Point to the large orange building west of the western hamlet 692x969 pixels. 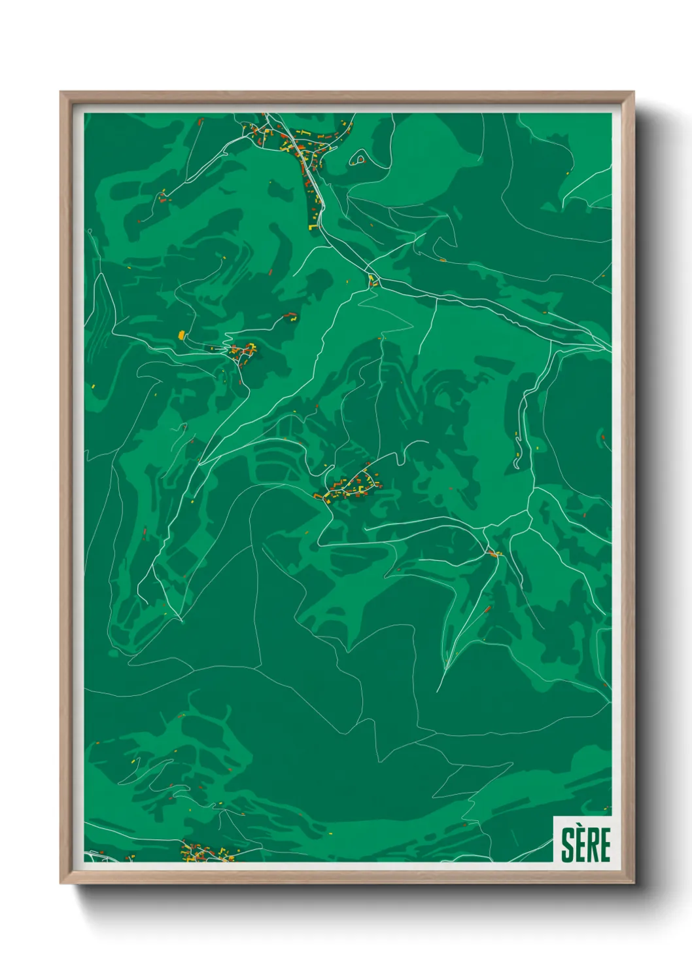point(181,335)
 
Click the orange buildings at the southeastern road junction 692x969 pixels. point(494,554)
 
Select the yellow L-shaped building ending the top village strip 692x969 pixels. point(313,227)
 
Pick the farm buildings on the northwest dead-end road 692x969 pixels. point(162,195)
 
